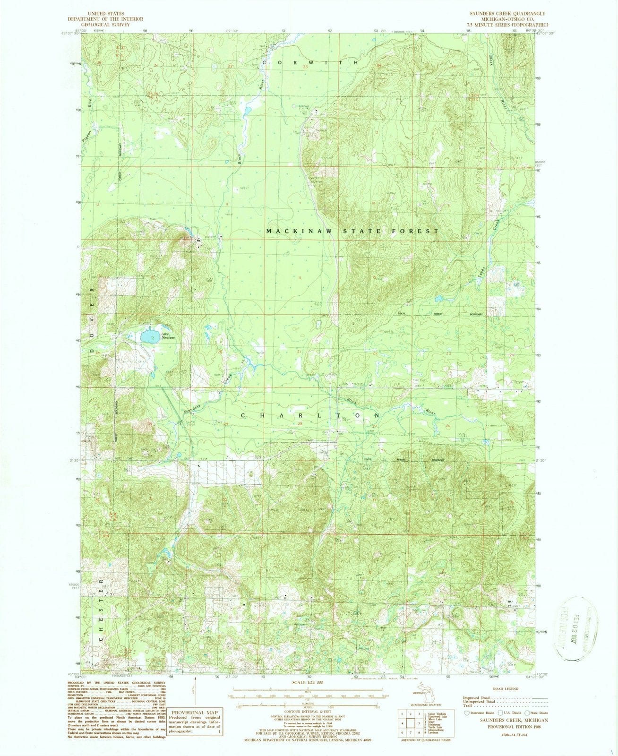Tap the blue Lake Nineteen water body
coord(149,336)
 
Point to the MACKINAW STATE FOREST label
coord(352,231)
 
